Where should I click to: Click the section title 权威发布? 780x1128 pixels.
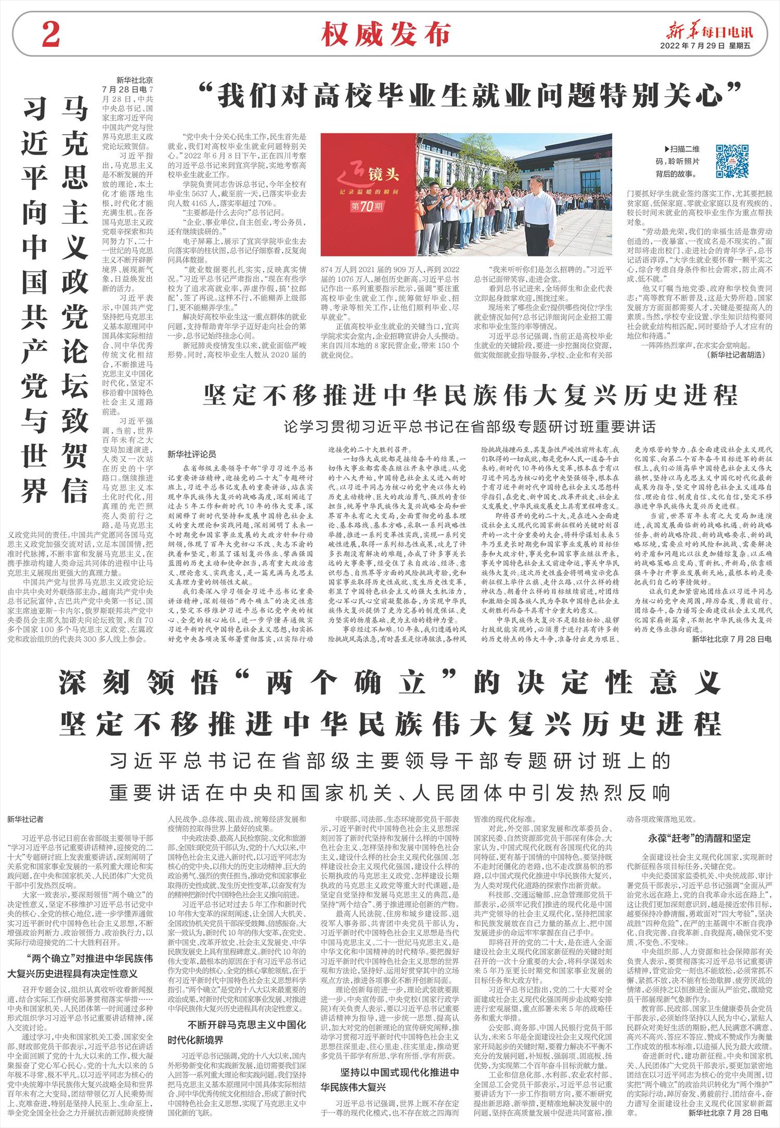(385, 35)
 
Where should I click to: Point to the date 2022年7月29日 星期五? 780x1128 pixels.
(706, 46)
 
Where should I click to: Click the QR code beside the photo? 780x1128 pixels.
(732, 160)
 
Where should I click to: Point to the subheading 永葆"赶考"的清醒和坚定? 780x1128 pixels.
(695, 838)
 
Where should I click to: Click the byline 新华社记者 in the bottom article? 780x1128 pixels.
(25, 819)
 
